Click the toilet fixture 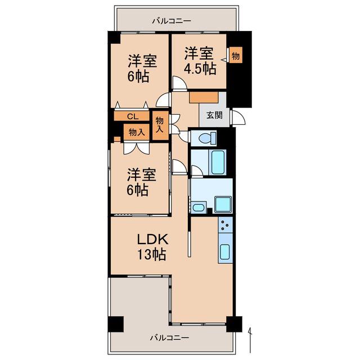(x=208, y=138)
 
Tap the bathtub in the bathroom (x=217, y=162)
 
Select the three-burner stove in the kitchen (x=225, y=225)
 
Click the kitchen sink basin (x=225, y=251)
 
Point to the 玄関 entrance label (x=214, y=115)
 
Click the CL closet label (x=133, y=116)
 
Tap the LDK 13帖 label (x=152, y=247)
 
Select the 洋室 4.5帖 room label (x=200, y=61)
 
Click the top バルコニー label (x=172, y=21)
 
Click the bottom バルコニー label (x=170, y=337)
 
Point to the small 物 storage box (x=236, y=56)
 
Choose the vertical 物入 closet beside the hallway (x=160, y=125)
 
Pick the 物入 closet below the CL (x=136, y=132)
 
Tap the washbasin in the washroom (x=199, y=208)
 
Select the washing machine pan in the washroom (x=223, y=205)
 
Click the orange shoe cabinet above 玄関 (x=204, y=97)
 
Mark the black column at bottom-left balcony (x=116, y=324)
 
